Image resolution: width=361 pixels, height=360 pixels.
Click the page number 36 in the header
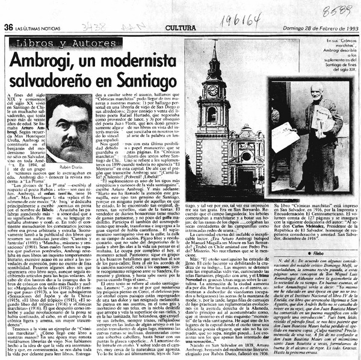[8, 26]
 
